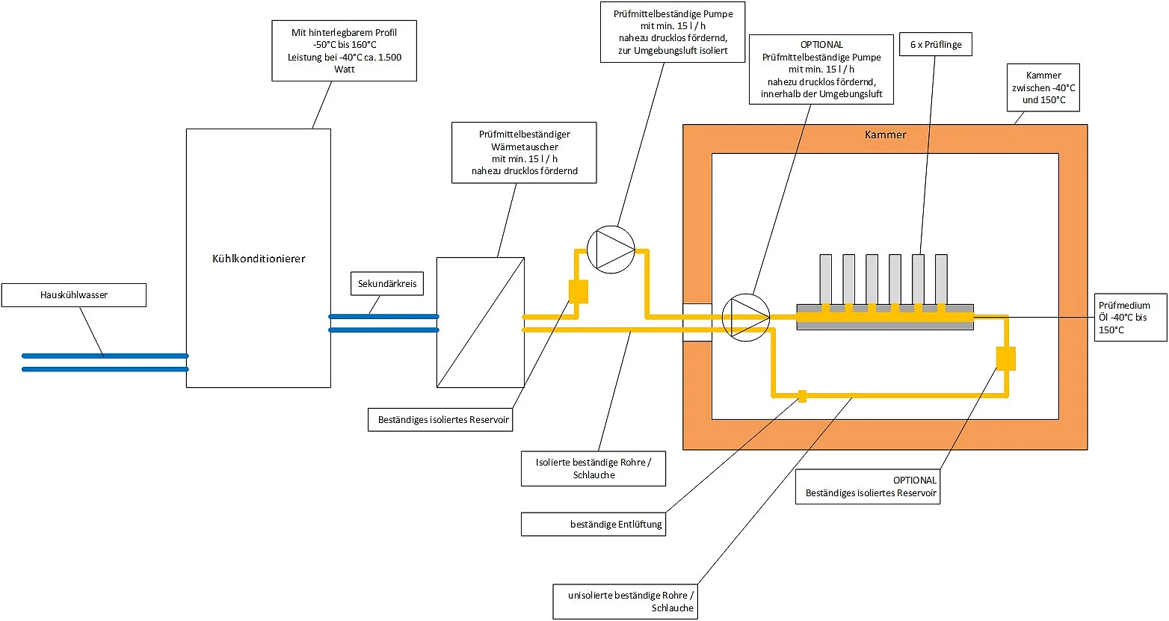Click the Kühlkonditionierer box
point(258,258)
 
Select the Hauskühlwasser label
point(74,295)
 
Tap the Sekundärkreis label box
point(387,284)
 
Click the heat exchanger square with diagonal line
point(480,322)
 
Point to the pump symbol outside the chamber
point(611,249)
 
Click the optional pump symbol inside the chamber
point(746,317)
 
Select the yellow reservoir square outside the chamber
point(579,291)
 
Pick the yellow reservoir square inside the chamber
point(1006,359)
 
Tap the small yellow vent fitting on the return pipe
point(802,395)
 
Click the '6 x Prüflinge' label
point(936,45)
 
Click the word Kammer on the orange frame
point(885,135)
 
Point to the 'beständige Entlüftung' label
point(593,524)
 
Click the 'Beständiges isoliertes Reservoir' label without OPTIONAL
point(443,419)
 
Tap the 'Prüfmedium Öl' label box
point(1130,317)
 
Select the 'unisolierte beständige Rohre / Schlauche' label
point(626,602)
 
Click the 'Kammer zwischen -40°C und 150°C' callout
point(1043,87)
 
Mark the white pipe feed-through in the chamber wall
point(697,322)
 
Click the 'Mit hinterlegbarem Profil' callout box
point(344,51)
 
